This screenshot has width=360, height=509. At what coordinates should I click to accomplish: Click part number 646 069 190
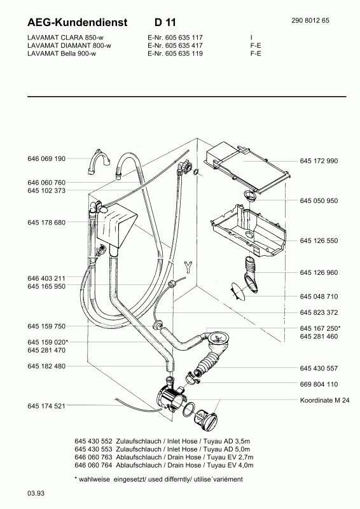[46, 158]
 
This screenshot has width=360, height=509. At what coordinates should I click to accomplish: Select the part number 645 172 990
[319, 161]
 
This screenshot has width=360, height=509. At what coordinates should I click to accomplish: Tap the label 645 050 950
[319, 201]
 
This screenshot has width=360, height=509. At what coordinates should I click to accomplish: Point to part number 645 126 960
[319, 273]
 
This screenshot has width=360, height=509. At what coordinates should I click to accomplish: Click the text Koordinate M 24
[324, 400]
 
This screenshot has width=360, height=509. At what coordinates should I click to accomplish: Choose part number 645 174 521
[46, 406]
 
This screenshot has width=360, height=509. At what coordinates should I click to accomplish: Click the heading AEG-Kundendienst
[78, 22]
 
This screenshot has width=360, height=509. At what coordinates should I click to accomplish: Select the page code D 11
[165, 22]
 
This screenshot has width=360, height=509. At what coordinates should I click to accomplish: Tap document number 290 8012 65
[310, 20]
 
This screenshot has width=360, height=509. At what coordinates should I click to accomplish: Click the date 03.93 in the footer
[36, 494]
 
